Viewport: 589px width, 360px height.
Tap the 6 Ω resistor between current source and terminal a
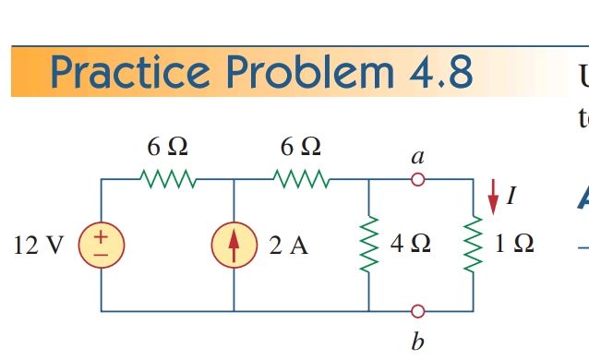tap(300, 178)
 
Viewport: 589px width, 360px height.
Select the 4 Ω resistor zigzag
tap(368, 246)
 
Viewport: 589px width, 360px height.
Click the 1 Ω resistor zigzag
tap(474, 246)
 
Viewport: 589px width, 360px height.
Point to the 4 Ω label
tap(408, 246)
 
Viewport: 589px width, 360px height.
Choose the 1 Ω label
tap(512, 246)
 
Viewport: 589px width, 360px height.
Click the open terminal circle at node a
tap(418, 180)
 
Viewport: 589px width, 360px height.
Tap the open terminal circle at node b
tap(418, 310)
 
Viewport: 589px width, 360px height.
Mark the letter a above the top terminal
tap(418, 156)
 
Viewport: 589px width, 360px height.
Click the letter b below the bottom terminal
tap(418, 342)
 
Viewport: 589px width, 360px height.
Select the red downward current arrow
tap(492, 192)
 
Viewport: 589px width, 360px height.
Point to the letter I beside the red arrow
tap(511, 195)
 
